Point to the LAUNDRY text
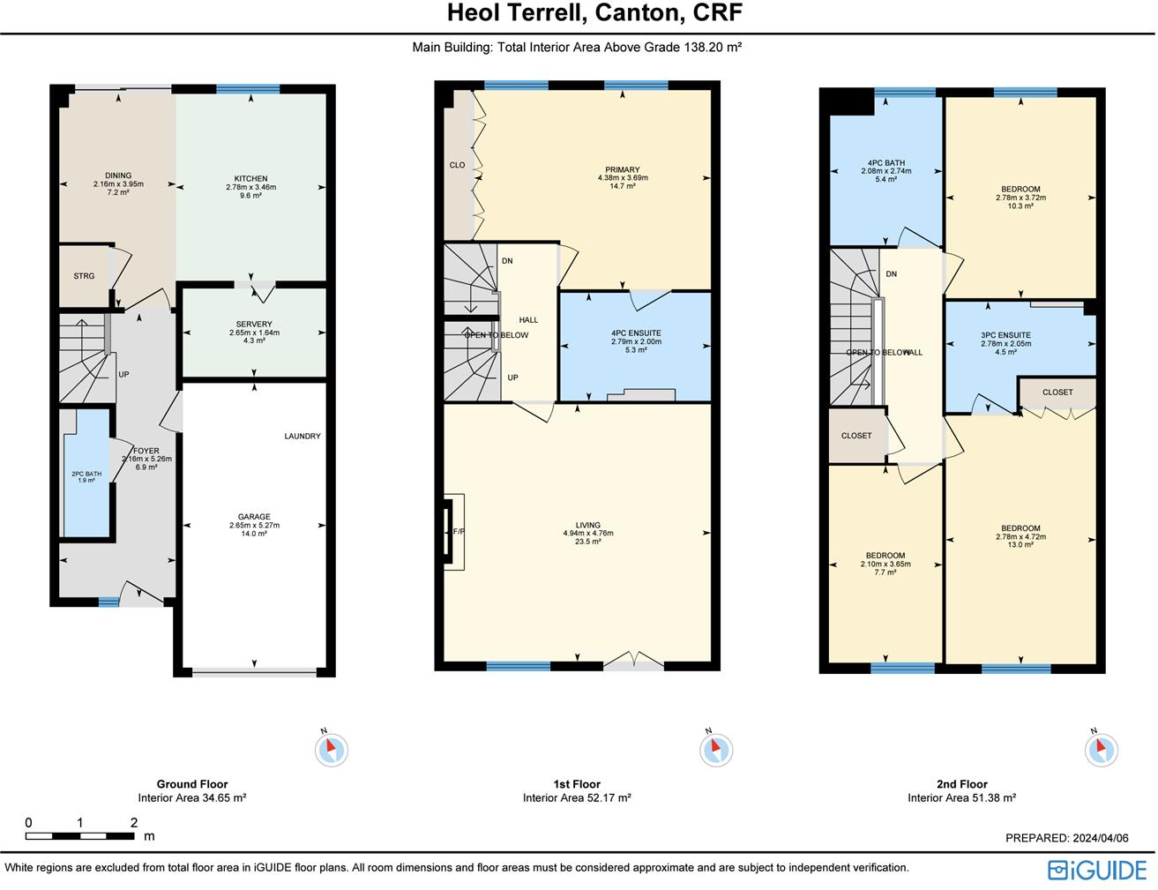303,436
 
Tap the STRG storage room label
84,276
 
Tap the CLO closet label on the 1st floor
457,165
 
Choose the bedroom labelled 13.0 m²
1020,536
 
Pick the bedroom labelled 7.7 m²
885,564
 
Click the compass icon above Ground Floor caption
332,750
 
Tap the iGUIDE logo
1097,870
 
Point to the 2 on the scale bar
134,823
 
